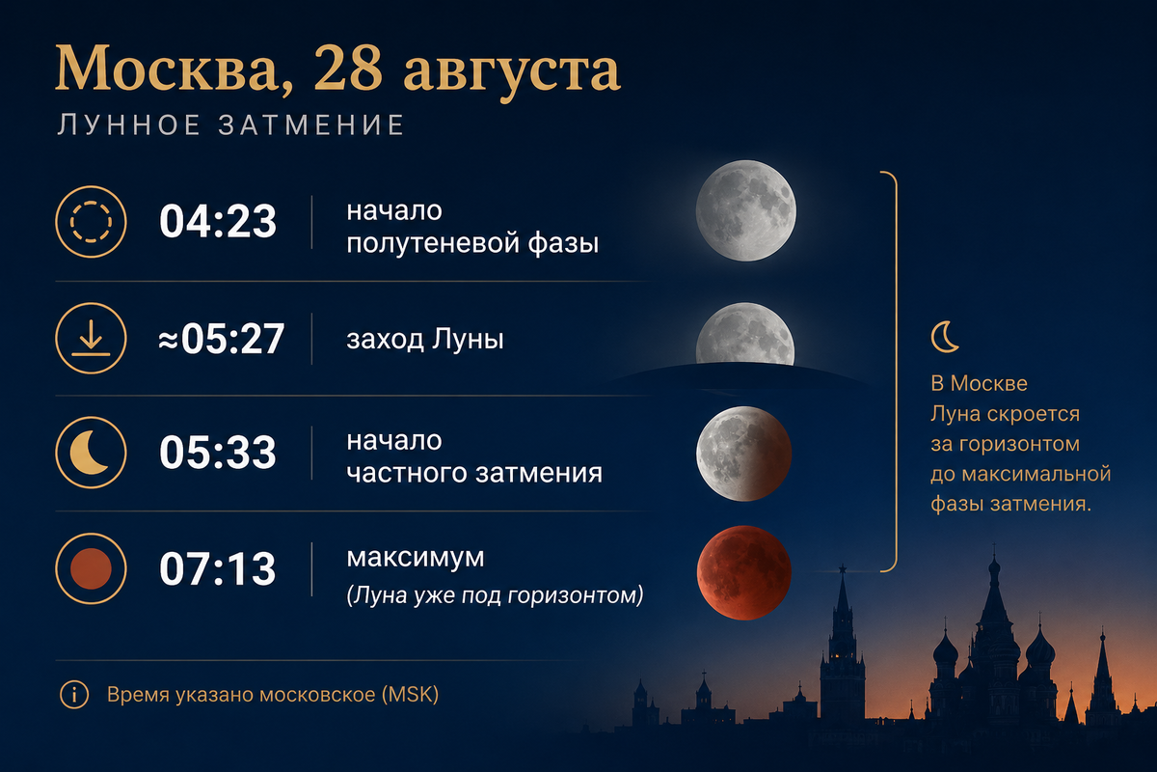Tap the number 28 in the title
pos(348,68)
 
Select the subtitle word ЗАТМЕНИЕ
pos(311,124)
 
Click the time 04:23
pos(218,221)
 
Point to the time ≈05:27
pos(221,338)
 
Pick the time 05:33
pos(218,452)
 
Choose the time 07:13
pos(218,568)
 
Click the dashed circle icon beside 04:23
pos(91,222)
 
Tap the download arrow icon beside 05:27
pos(91,338)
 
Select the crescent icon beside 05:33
pos(91,453)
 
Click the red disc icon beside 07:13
pos(91,568)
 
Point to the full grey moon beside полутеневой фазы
pos(746,210)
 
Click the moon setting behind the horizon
pos(744,335)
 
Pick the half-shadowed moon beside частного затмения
pos(743,454)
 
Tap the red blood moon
pos(743,573)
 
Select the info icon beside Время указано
pos(74,695)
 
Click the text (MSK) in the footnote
pos(410,695)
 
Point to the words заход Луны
pos(425,340)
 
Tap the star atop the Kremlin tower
pos(843,568)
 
